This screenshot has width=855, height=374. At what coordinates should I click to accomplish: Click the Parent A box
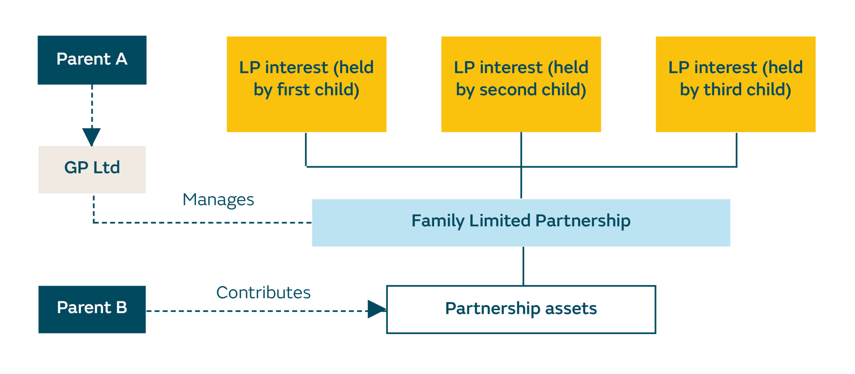pos(92,60)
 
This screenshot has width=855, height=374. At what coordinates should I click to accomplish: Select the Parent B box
pos(92,309)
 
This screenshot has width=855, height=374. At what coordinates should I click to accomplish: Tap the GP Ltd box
pos(92,169)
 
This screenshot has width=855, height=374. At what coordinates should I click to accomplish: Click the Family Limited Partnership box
pos(521,222)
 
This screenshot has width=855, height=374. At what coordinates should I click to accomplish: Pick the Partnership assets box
pos(521,309)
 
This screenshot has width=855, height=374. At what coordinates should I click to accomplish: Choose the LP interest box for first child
pos(306,84)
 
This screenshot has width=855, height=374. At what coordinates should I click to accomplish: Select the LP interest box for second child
pos(521,84)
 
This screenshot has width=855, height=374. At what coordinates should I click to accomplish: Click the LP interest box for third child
pos(735,84)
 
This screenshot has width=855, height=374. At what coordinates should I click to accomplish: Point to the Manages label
pos(218,200)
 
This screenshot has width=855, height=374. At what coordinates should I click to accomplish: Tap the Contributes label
pos(263,293)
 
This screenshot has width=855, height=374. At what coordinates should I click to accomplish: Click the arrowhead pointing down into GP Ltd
pos(91,136)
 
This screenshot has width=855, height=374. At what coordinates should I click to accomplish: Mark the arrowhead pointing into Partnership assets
pos(376,309)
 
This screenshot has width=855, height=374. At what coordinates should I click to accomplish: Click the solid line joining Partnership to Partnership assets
pos(523,266)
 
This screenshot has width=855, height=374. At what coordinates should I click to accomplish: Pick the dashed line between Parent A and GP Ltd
pos(92,106)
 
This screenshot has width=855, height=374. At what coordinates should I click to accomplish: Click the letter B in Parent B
pos(121,308)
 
